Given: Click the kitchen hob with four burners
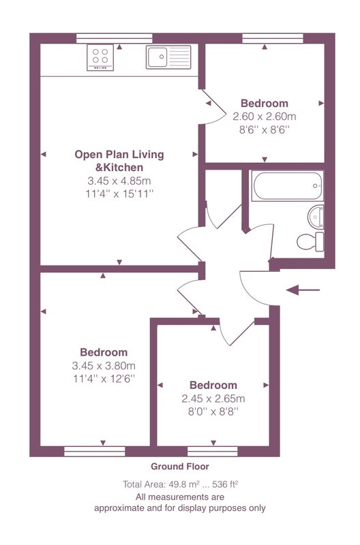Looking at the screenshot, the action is [x=100, y=57].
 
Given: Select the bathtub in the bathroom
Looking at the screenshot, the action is [x=287, y=185].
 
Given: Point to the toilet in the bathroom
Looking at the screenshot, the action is [x=310, y=241].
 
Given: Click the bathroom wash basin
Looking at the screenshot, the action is [x=316, y=217].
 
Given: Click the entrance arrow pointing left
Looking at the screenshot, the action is [x=303, y=290].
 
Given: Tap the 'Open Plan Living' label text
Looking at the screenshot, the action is [x=119, y=155].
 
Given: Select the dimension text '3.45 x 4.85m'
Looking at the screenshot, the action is [x=119, y=181].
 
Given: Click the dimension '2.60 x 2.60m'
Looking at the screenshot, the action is [x=265, y=116].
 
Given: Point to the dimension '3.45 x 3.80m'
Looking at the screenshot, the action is [x=104, y=366].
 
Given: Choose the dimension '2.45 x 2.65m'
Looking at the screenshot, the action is [x=213, y=399].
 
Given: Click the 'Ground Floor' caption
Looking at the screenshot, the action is [x=180, y=467].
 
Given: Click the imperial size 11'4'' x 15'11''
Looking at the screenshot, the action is [x=119, y=193].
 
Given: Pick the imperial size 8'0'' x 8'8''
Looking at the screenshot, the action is [x=213, y=411].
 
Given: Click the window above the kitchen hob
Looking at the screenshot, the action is [x=115, y=38].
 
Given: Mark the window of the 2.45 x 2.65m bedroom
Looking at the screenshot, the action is [x=213, y=451].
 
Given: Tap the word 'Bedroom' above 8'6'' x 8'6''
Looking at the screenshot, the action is [x=265, y=104].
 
